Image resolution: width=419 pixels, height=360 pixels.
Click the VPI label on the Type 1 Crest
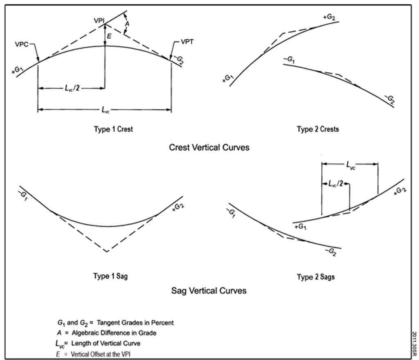click(99, 20)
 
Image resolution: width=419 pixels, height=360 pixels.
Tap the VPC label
click(22, 44)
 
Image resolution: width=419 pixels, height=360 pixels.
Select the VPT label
click(187, 42)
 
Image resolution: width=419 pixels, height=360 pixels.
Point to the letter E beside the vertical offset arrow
click(109, 36)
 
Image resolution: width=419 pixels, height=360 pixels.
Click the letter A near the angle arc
click(127, 24)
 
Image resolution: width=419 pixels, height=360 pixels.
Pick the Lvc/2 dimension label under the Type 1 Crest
click(72, 88)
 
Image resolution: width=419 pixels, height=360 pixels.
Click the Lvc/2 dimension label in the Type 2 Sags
click(336, 183)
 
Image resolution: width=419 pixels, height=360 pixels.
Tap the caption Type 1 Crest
click(113, 129)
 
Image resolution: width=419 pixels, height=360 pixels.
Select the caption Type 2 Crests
click(318, 129)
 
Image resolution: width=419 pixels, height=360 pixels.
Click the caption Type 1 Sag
click(110, 276)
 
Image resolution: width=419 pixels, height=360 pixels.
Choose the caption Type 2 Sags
click(316, 277)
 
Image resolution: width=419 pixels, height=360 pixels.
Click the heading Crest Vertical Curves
click(209, 147)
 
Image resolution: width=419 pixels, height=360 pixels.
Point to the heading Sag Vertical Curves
click(209, 290)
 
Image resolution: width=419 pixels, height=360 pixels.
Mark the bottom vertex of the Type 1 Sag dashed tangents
click(107, 252)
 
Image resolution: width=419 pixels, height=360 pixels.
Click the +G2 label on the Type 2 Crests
click(329, 17)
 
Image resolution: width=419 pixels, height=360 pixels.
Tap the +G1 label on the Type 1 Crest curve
click(18, 70)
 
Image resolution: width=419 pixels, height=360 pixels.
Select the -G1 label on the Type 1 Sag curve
click(23, 196)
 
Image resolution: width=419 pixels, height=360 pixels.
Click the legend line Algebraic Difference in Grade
click(106, 333)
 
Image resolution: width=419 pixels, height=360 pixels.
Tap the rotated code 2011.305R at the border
click(414, 344)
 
